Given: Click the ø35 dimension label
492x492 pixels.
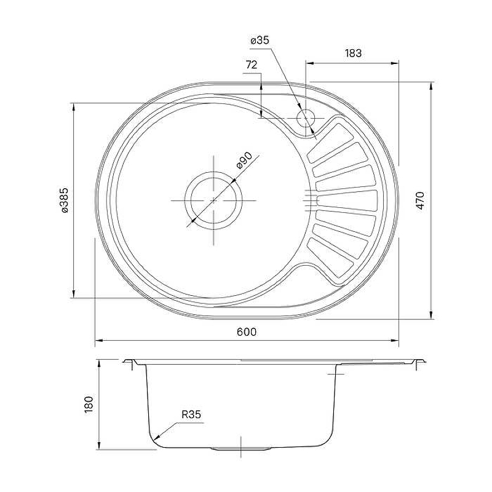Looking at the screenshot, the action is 260,41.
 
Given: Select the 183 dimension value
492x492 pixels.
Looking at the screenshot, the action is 353,53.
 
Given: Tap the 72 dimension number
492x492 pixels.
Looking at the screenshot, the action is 252,65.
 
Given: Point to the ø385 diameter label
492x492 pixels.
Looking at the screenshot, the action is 64,200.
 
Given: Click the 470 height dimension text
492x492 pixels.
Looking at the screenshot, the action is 420,200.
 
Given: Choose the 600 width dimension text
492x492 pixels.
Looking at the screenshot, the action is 247,331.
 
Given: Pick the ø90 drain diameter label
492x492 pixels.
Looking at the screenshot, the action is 244,161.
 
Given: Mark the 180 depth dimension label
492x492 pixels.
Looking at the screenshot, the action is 89,405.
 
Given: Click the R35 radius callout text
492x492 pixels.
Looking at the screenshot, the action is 191,415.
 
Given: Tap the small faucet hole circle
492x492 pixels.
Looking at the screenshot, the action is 305,118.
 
